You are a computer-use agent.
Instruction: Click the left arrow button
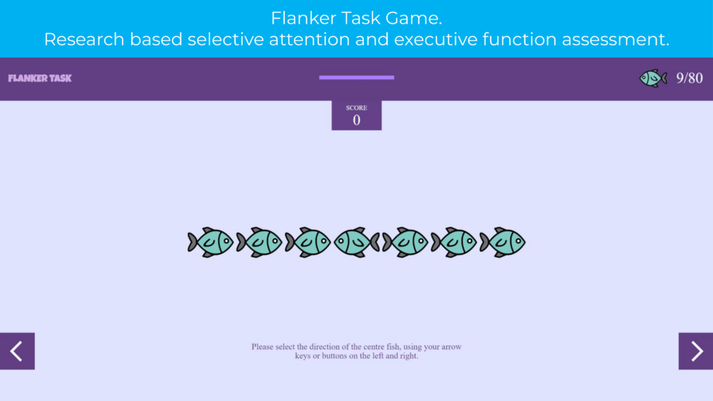pos(17,351)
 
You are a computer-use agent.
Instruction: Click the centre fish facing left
pos(357,242)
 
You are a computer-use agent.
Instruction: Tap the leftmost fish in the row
pos(210,242)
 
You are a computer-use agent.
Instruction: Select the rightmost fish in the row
pos(503,242)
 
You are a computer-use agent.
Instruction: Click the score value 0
pos(356,120)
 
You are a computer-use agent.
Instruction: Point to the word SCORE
pos(356,108)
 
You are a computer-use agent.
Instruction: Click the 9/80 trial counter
pos(689,78)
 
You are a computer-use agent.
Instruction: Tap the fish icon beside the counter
pos(653,78)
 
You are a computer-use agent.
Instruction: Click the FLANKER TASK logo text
pos(40,78)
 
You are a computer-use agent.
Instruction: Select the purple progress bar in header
pos(356,78)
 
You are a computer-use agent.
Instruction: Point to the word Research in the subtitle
pos(84,39)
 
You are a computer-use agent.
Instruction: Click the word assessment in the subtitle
pos(616,40)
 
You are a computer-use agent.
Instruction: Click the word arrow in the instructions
pos(451,347)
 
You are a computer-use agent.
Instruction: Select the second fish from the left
pos(259,242)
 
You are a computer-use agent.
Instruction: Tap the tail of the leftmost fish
pos(193,242)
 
